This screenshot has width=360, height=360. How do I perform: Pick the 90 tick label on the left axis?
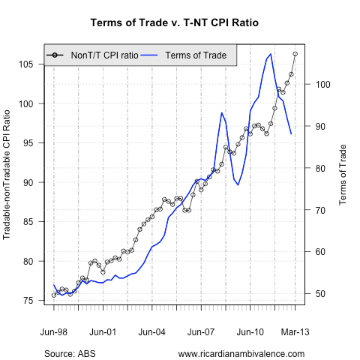click(28, 182)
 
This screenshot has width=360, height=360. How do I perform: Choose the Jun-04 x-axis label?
click(152, 331)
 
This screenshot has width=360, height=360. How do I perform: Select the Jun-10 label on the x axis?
click(250, 331)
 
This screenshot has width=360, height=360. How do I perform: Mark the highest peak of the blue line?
click(271, 53)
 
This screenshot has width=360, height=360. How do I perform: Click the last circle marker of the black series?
click(295, 54)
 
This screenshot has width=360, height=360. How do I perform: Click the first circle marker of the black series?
click(54, 295)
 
